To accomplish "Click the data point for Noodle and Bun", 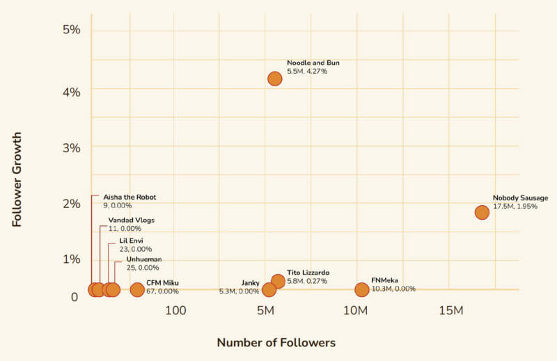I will point(275,79).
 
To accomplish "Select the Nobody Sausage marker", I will point(482,212).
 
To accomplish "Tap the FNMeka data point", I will point(361,289).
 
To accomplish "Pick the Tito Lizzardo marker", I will point(278,281).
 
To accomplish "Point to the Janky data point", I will point(269,289).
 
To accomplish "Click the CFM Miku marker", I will point(137,289).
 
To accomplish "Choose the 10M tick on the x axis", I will point(356,310).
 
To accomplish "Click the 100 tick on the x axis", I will point(175,310).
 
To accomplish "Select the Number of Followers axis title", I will point(276,342).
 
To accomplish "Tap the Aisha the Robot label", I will point(130,197).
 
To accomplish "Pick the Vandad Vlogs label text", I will point(132,220).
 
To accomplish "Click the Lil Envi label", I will point(132,241).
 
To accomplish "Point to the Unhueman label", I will point(144,259).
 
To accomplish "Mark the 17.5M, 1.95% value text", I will point(515,207).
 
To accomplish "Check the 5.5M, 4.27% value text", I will point(307,71).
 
